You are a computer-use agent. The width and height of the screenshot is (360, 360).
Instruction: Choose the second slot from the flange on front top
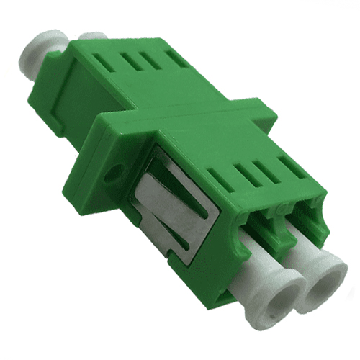[246, 163]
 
